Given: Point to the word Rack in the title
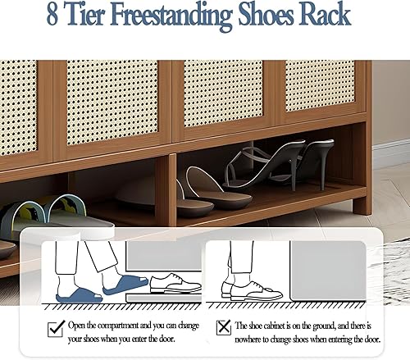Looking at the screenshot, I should coord(326,16).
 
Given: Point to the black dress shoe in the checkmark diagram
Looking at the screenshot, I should coord(173,285).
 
